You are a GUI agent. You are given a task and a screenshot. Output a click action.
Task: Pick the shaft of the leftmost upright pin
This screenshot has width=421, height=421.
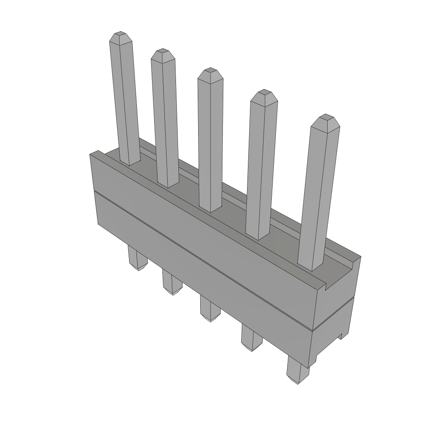tap(125, 103)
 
